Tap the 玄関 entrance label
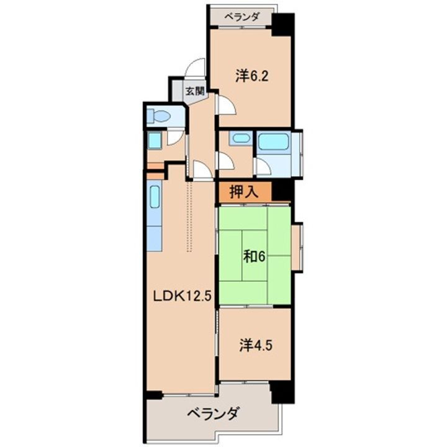[195, 90]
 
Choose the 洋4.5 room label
[254, 345]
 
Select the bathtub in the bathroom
[274, 142]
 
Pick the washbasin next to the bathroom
[239, 139]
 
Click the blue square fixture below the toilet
[155, 140]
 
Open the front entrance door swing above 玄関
[197, 68]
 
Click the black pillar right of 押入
[282, 192]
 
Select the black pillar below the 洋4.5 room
[281, 390]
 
